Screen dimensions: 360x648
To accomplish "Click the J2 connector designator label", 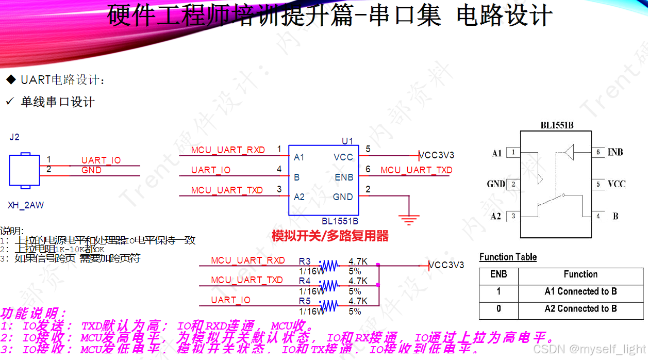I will coord(14,137).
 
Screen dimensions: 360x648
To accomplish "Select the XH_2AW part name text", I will coord(26,205).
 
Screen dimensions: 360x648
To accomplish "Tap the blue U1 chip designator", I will coord(347,141).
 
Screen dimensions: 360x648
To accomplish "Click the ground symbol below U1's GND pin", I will coord(409,220).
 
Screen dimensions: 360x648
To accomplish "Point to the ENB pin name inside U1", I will coord(344,177).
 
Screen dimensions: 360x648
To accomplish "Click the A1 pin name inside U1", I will coord(299,157).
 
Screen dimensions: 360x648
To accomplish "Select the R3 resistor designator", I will coord(305,261).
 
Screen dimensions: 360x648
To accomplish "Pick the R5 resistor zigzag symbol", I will coord(329,306).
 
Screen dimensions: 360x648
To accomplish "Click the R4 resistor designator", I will coord(305,281).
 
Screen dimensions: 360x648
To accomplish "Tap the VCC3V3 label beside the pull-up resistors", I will coord(446,265).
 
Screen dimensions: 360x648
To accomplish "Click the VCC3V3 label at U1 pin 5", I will coord(436,155).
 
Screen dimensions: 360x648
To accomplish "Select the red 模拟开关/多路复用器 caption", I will coord(330,236).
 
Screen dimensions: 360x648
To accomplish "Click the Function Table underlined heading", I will coord(508,257).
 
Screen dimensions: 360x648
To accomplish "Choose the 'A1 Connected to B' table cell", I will coord(580,291).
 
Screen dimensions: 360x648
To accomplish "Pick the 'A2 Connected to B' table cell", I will coord(580,309).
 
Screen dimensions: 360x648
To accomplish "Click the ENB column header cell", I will coord(499,274).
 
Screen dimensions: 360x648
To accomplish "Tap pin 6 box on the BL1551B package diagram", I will coord(597,152).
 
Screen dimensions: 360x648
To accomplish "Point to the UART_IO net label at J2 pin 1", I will coord(101,160).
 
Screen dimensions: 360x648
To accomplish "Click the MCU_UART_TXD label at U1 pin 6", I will coord(417,170).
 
